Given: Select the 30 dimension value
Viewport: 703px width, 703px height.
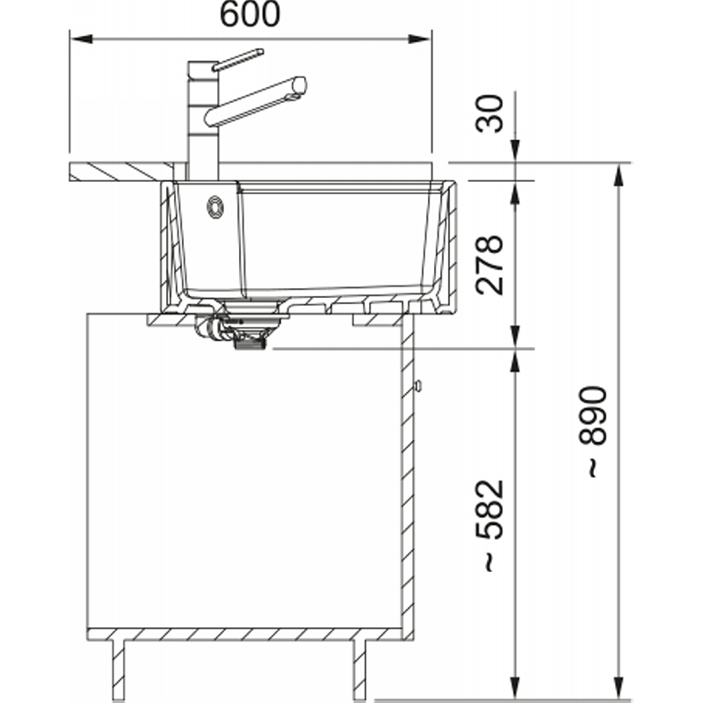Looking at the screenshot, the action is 489,113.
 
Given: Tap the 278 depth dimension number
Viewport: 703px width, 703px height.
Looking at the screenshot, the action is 489,265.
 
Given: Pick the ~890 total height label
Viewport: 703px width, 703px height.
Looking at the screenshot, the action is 592,431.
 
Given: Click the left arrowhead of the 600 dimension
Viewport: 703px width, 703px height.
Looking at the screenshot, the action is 82,39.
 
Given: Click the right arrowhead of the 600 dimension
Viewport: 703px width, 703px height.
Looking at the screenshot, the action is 419,39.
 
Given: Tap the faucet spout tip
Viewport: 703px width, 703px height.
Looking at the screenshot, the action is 301,84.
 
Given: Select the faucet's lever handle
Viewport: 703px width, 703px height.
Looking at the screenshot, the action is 237,60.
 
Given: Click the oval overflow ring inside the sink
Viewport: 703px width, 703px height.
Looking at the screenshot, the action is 215,207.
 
